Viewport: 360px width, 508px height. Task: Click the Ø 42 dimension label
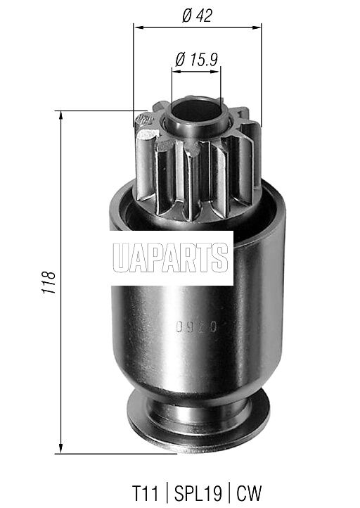[x=197, y=15]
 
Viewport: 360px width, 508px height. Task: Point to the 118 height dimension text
[x=49, y=282]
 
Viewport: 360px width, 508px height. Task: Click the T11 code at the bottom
[x=146, y=493]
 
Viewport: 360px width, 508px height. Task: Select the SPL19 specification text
[x=198, y=493]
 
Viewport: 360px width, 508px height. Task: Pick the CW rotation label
[x=249, y=493]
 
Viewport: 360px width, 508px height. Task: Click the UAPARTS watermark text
[x=171, y=258]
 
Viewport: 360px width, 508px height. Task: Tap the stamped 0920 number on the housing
[x=196, y=327]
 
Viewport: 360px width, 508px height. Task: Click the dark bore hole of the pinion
[x=196, y=110]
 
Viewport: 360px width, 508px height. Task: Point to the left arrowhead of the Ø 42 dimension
[x=138, y=27]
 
